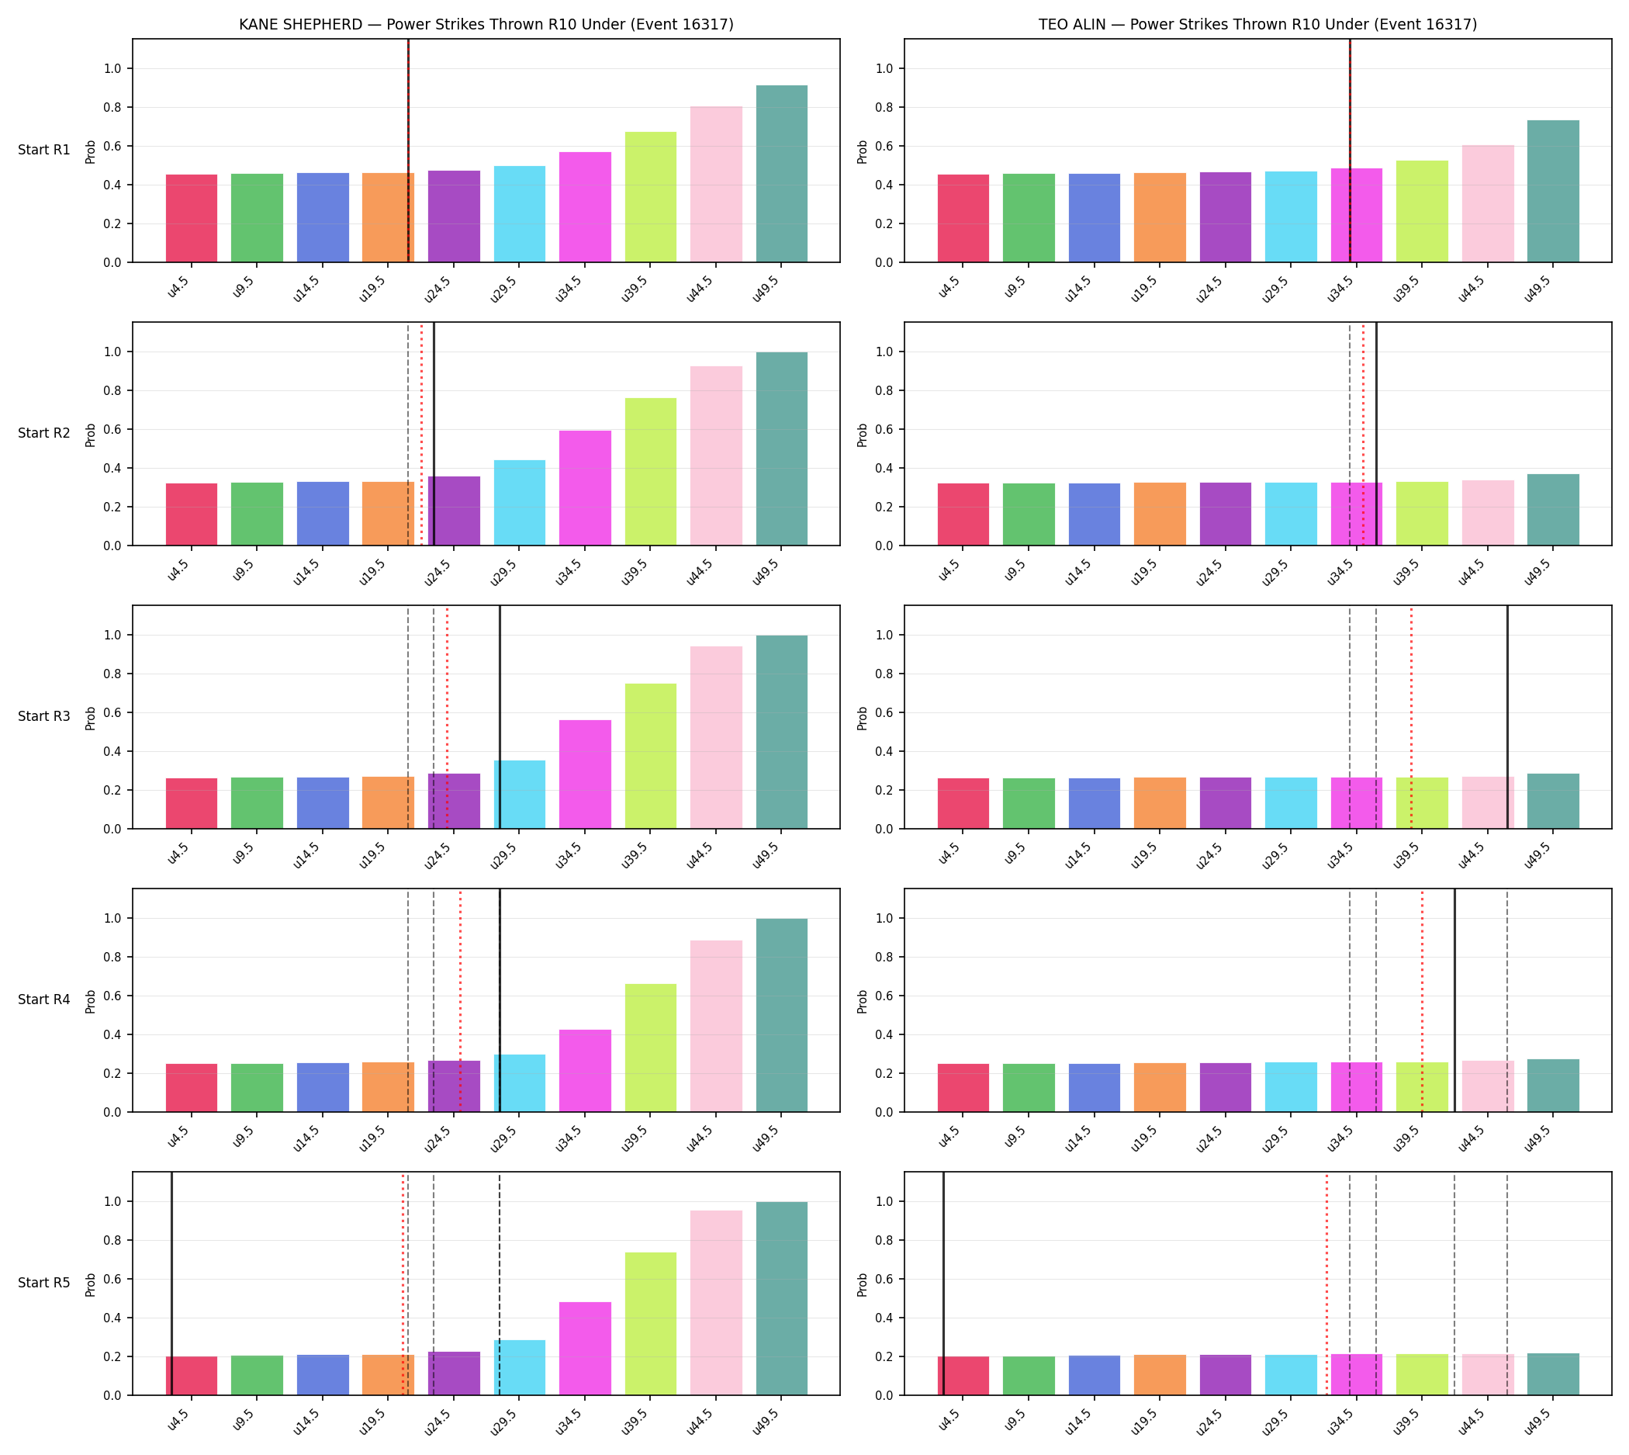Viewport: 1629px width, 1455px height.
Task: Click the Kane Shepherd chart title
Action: [486, 24]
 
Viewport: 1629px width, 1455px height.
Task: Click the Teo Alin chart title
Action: [1257, 24]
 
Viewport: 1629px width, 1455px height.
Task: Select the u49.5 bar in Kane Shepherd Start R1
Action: [782, 174]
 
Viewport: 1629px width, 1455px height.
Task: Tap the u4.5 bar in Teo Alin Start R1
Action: [963, 218]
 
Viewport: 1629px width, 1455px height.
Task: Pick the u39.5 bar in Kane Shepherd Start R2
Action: [651, 472]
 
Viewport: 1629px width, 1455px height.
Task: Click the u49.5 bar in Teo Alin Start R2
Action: [1553, 510]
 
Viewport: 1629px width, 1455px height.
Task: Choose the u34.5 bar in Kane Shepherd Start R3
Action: [585, 774]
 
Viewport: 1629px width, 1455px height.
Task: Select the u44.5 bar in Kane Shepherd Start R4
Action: [716, 1027]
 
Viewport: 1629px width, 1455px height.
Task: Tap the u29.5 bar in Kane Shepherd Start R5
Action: [520, 1368]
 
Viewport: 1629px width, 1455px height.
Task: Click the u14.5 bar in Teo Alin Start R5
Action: [1095, 1375]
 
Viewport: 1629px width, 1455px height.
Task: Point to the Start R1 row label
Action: [44, 151]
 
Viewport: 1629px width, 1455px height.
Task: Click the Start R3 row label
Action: [44, 716]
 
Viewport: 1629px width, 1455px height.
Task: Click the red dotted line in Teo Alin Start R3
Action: [1411, 717]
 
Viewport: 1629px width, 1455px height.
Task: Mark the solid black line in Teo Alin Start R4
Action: [1454, 1000]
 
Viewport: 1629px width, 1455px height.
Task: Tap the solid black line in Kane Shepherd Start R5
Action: [172, 1284]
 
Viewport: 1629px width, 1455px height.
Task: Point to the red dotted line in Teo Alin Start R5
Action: [1326, 1284]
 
